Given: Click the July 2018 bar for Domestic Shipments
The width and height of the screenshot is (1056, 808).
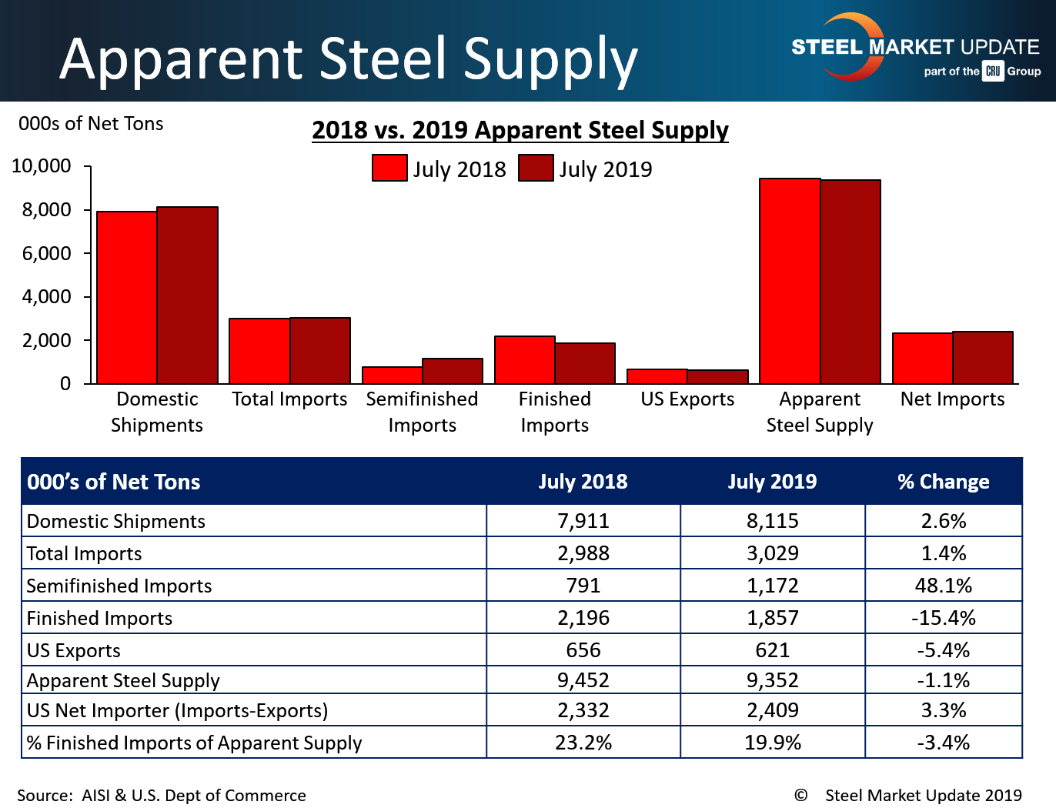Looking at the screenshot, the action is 127,297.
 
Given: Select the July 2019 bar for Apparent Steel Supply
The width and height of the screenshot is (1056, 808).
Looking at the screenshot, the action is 850,282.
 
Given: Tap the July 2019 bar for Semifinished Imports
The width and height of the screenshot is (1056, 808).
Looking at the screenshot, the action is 453,371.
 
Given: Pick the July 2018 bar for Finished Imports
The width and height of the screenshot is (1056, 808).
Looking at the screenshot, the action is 525,360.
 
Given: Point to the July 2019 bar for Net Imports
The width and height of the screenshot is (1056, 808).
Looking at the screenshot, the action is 983,357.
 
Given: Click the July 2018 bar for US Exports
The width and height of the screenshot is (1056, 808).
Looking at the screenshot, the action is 657,376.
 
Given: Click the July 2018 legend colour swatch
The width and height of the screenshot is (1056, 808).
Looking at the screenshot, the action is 389,168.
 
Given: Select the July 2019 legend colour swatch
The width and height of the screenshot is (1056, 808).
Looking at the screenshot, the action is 536,168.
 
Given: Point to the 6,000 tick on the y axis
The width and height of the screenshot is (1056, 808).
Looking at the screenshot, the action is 88,253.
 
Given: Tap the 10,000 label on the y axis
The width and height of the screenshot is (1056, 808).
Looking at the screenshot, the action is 42,166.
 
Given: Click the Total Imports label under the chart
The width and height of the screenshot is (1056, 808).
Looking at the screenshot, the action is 289,399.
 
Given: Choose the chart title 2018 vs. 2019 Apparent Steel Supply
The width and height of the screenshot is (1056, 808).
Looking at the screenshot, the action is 520,130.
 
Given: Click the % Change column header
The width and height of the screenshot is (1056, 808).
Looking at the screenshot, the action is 944,482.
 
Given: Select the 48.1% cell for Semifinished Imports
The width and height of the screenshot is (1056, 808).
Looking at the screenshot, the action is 944,586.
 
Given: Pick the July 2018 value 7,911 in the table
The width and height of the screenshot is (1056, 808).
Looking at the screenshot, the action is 583,521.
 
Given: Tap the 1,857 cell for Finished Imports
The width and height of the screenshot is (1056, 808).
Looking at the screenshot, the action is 773,617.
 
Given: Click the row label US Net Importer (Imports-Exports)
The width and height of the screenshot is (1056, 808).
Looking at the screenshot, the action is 177,710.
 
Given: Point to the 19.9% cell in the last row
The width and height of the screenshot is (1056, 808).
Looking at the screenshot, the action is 773,743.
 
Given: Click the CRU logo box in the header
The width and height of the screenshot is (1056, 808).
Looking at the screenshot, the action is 993,71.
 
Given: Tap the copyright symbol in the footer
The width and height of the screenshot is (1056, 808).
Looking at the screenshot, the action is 800,796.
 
